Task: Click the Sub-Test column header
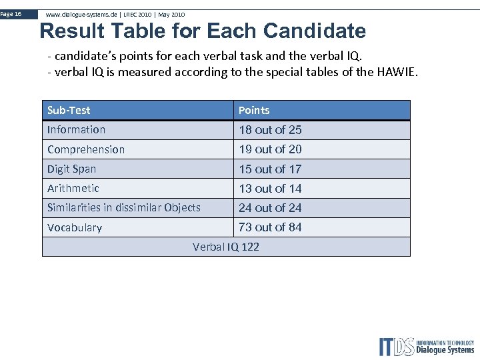pos(69,110)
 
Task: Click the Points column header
pos(254,110)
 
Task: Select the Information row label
pos(76,129)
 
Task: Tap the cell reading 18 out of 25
pos(270,130)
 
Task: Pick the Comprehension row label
pos(86,149)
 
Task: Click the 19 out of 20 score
pos(270,149)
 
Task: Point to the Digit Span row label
pos(71,169)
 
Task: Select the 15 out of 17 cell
pos(270,169)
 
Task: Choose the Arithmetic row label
pos(73,188)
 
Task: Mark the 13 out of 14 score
pos(270,189)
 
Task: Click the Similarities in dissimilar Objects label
pos(124,207)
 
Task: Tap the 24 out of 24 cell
pos(270,208)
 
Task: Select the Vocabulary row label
pos(75,227)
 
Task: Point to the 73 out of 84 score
pos(270,227)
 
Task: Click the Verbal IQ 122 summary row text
pos(226,247)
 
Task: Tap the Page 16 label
pos(11,13)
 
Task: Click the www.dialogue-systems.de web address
pos(82,14)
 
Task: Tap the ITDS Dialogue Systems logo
pos(426,346)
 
